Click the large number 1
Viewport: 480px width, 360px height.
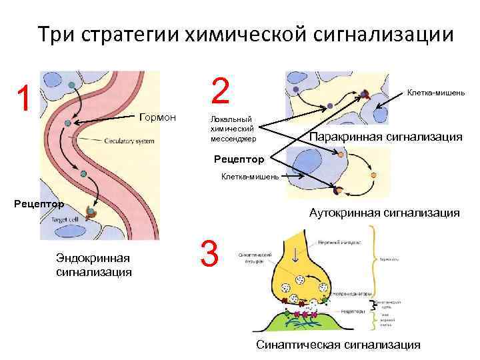(x=24, y=98)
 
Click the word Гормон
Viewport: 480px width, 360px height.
(x=157, y=117)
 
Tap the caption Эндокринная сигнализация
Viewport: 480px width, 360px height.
(x=93, y=265)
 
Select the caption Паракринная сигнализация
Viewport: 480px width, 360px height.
(x=386, y=137)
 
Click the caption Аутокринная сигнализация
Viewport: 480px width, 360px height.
(x=384, y=213)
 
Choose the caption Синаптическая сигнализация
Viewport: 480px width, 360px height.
(x=339, y=345)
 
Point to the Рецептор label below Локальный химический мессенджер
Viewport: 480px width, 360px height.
(x=239, y=159)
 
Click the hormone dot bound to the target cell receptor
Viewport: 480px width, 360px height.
(x=91, y=213)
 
